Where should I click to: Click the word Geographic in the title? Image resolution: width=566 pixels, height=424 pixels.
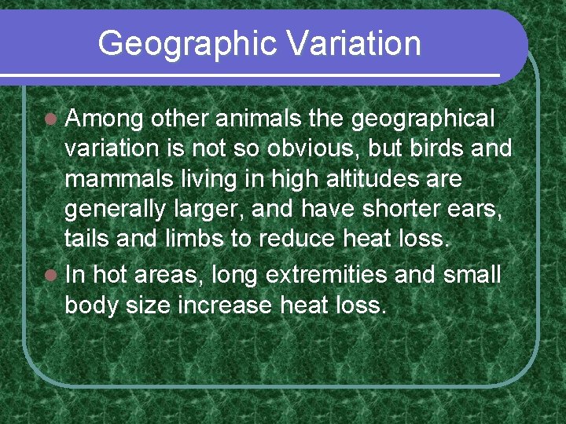pos(189,44)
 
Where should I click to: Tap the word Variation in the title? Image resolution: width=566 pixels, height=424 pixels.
pos(355,44)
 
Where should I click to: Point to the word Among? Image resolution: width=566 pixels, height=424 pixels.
pos(104,119)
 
